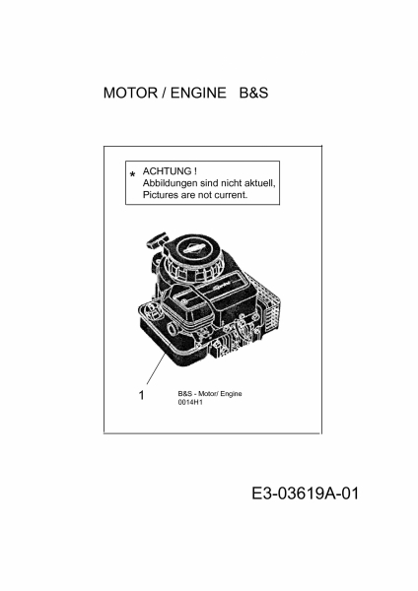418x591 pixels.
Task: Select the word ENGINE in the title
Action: [198, 93]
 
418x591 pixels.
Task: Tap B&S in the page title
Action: [253, 93]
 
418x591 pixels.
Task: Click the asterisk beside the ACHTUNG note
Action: [132, 175]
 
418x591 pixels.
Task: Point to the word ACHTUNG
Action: [167, 171]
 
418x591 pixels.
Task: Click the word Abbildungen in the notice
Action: [171, 183]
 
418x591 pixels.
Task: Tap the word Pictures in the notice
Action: [160, 195]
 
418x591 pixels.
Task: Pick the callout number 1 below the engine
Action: [142, 395]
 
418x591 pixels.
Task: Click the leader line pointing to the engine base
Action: [156, 368]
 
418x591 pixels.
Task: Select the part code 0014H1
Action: [190, 402]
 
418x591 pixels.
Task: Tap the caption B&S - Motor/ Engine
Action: [210, 394]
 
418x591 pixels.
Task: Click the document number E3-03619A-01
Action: [305, 493]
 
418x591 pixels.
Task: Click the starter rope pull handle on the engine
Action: [157, 240]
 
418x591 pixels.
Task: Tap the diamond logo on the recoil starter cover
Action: [193, 249]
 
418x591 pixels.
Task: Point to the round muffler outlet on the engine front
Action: [174, 328]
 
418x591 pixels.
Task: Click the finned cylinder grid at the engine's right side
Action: [273, 310]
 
